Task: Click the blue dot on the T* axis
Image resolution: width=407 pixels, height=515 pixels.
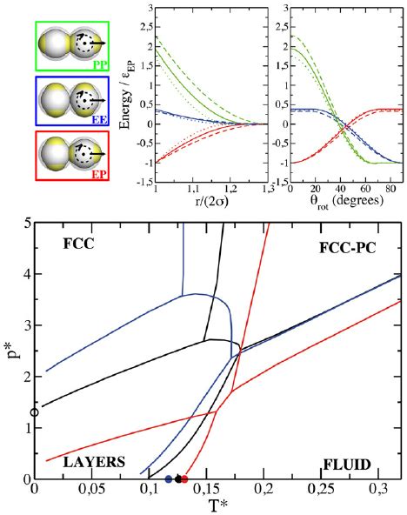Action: [168, 478]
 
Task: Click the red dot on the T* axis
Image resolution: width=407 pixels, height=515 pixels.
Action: [184, 478]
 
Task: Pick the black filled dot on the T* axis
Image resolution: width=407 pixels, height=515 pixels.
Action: [177, 478]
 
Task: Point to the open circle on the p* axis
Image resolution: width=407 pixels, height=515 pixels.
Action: [34, 412]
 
